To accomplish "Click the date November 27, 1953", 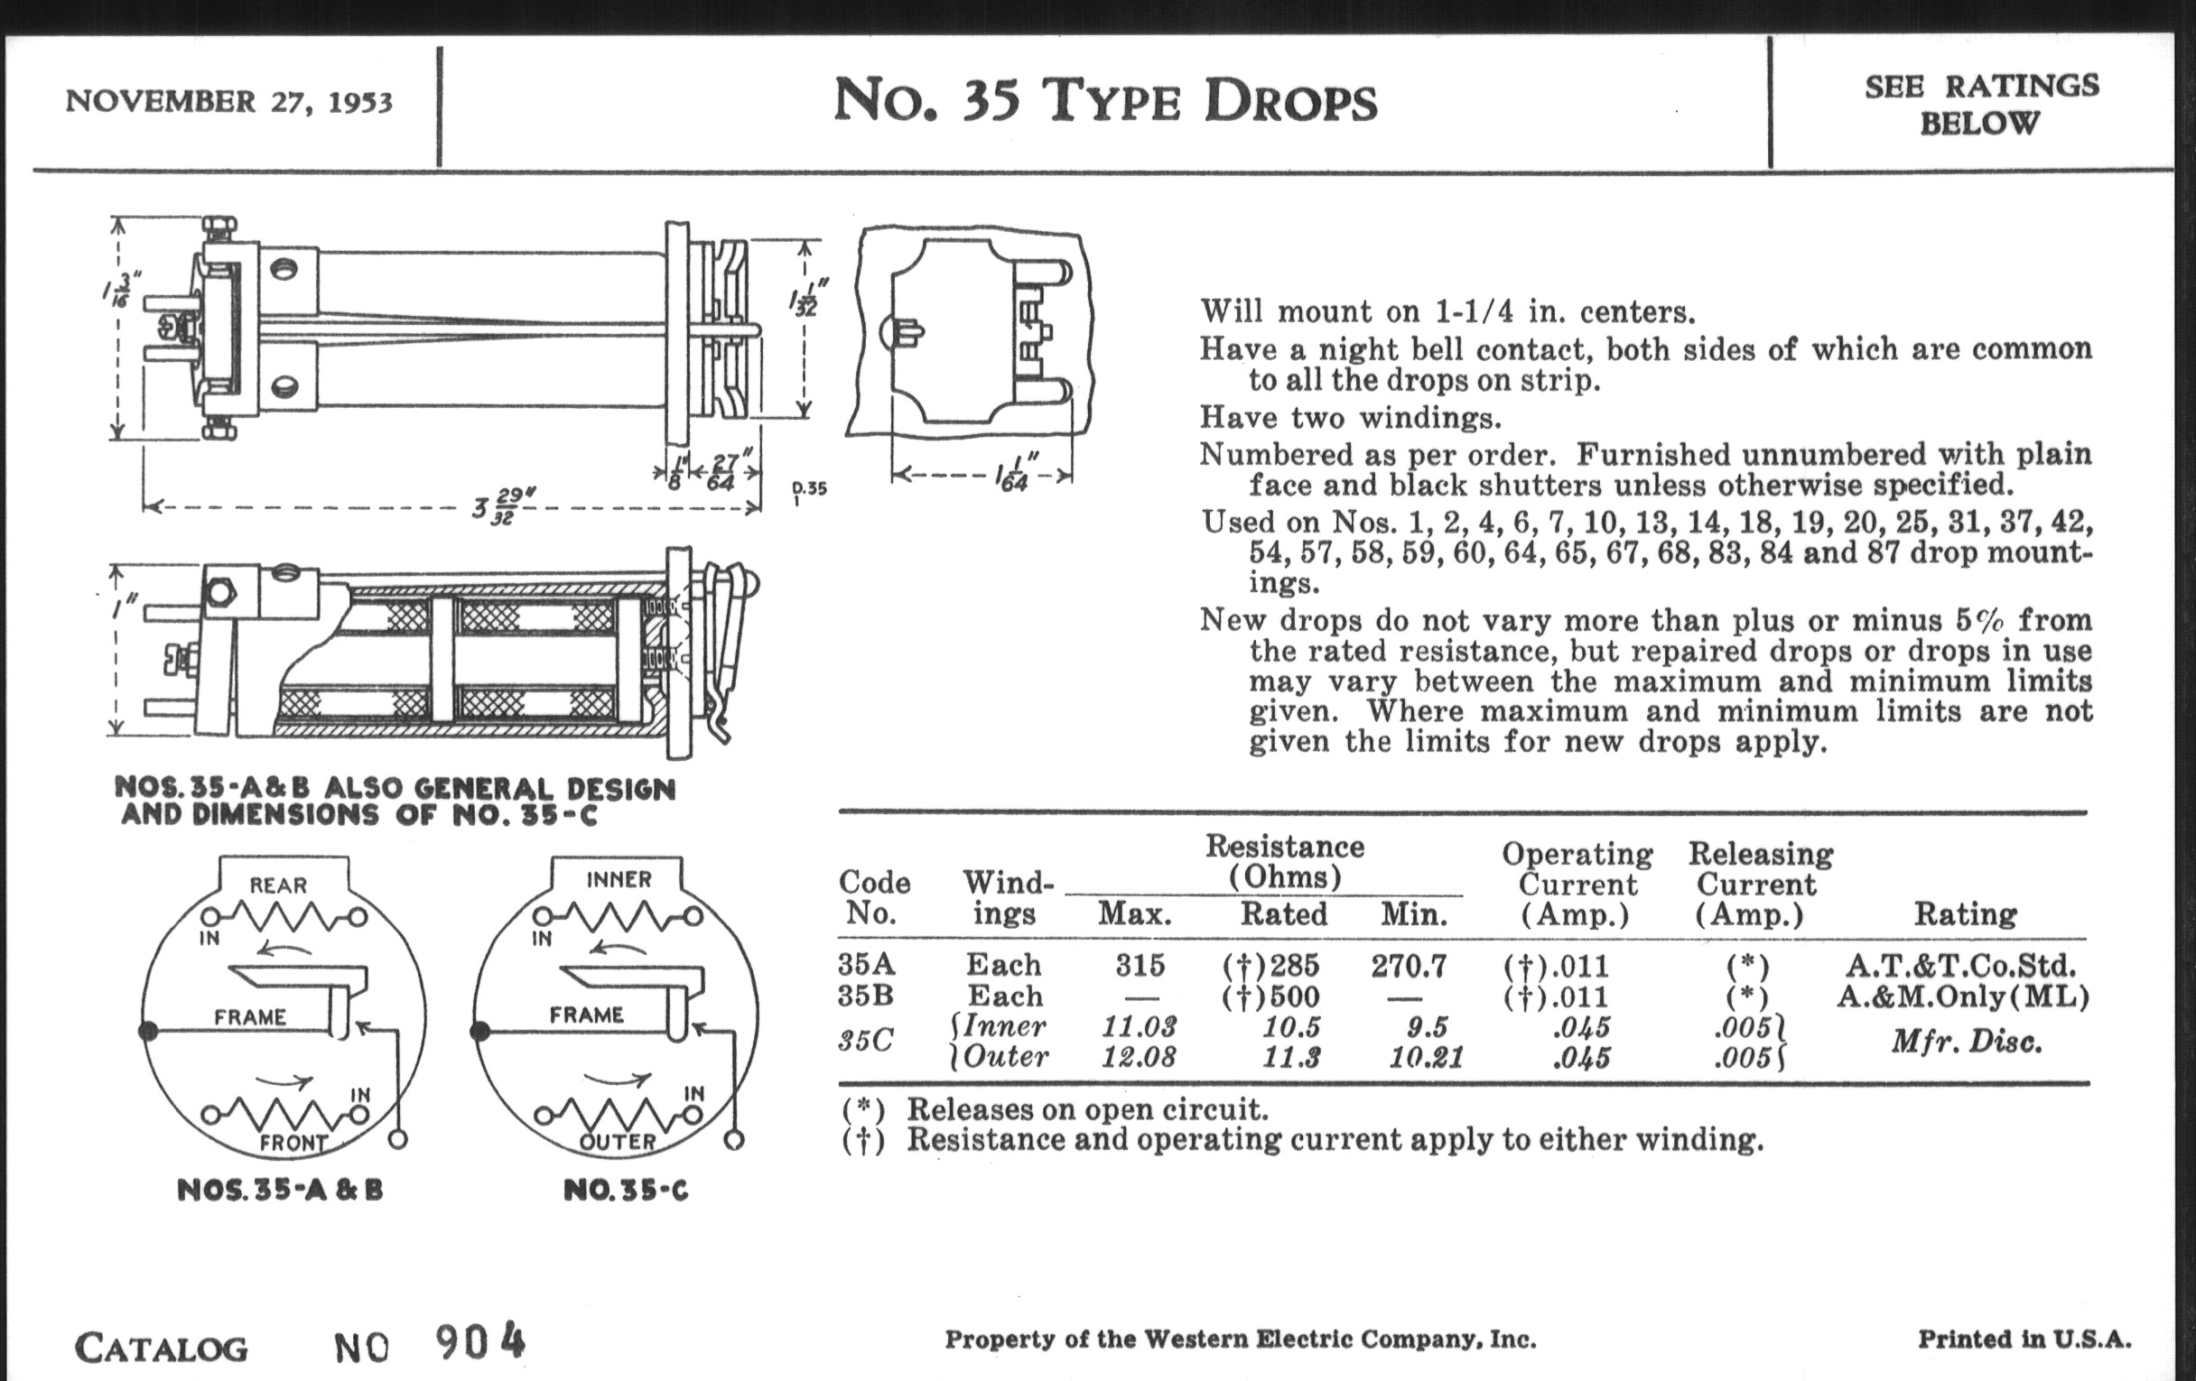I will click(x=229, y=101).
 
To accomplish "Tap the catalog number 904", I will click(x=480, y=1342).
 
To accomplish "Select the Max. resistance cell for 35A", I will click(x=1140, y=965).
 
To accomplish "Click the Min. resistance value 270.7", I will click(x=1408, y=965).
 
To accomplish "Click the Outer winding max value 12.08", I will click(x=1138, y=1057).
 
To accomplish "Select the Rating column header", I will click(x=1964, y=913).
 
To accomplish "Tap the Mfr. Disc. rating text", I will click(x=1966, y=1041).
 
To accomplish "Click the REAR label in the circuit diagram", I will click(x=278, y=885).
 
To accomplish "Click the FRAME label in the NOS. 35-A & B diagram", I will click(x=250, y=1016).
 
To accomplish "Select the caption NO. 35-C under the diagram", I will click(x=626, y=1191).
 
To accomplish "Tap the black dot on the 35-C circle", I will click(x=479, y=1032).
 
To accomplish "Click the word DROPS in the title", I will click(x=1290, y=102).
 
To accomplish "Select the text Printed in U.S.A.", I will click(x=2024, y=1339).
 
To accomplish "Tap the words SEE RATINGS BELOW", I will click(x=1981, y=104).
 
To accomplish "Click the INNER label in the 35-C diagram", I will click(x=619, y=880).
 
